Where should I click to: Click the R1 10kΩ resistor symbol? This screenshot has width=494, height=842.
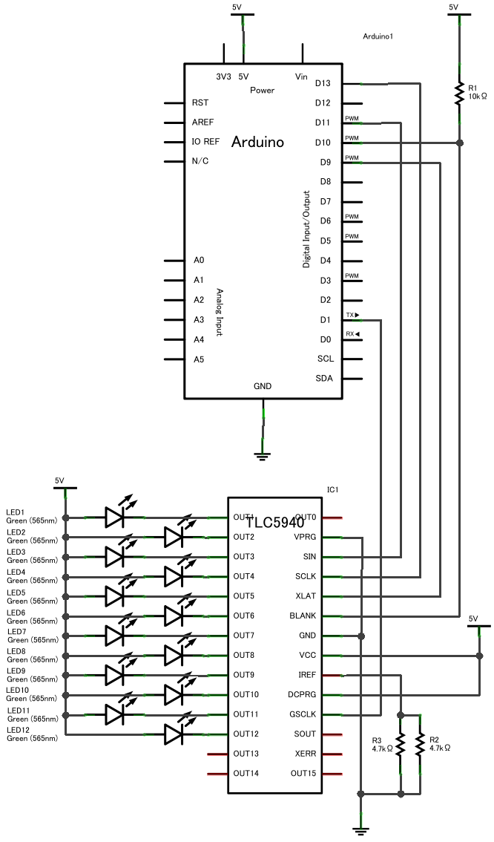point(460,94)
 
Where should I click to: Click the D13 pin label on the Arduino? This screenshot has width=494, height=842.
point(323,83)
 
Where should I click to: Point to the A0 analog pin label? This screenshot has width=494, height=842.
point(199,260)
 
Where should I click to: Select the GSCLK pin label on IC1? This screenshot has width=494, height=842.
point(303,714)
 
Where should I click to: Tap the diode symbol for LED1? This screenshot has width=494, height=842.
point(113,517)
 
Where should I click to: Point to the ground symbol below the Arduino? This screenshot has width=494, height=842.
point(263,455)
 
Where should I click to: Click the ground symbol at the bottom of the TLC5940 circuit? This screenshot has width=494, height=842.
point(361,830)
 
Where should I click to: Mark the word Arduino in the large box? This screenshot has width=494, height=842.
point(257,142)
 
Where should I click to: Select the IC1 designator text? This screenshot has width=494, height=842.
point(332,490)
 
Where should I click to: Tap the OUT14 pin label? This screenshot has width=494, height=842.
point(246,774)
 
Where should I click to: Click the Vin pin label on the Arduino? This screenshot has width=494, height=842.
point(301,76)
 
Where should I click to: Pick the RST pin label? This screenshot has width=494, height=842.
point(200,102)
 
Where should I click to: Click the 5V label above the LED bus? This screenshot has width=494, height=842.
point(60,480)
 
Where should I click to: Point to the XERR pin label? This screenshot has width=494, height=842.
point(305,754)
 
